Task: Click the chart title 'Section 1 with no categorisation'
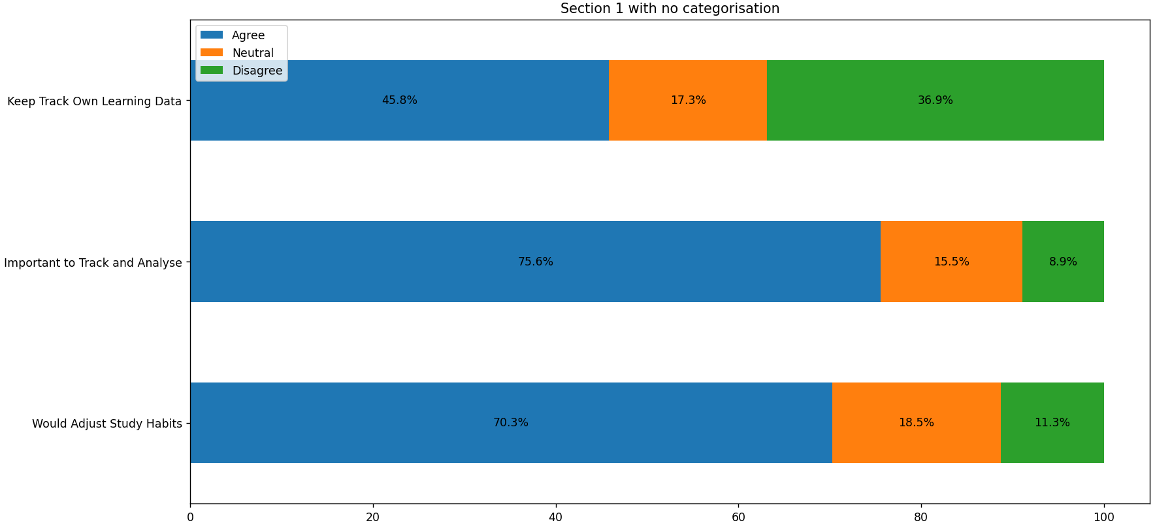click(670, 8)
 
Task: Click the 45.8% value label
click(399, 100)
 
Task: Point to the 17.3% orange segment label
click(688, 100)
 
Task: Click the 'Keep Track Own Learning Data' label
click(94, 101)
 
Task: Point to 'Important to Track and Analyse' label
click(93, 263)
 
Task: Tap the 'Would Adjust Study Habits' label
click(106, 424)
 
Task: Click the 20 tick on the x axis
click(373, 517)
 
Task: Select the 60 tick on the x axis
click(738, 517)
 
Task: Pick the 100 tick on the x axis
click(1103, 517)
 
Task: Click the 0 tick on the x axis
click(190, 517)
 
